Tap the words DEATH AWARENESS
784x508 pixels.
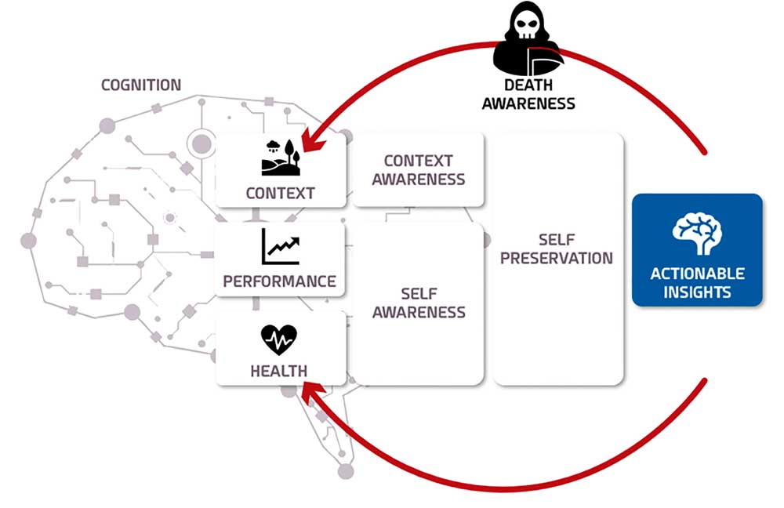528,94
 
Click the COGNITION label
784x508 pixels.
141,85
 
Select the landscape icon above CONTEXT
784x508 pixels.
280,157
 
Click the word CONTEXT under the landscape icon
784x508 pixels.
280,193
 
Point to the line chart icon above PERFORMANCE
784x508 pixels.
280,247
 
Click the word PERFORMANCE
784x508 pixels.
280,281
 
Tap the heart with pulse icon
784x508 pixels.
279,340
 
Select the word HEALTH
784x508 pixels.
279,371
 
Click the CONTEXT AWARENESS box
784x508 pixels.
418,169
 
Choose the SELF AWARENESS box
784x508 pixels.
418,303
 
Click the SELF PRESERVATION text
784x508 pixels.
557,248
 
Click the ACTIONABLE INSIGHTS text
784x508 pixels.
697,283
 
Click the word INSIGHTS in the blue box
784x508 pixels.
697,292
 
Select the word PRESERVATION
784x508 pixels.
557,257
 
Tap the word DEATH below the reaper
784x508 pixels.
528,85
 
